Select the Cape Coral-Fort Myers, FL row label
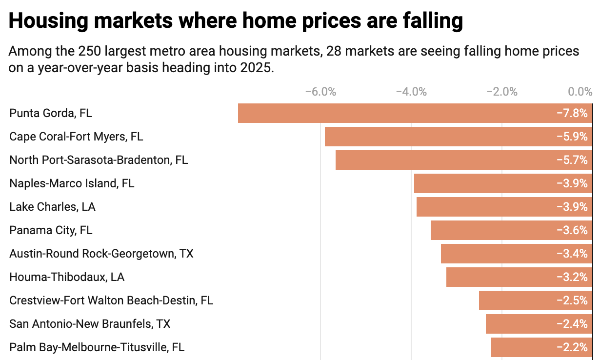76,137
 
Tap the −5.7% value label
572,160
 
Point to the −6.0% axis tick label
320,92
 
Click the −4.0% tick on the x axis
411,92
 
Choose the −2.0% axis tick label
502,92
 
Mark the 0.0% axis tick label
580,92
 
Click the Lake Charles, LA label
52,207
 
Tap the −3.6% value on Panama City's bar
572,230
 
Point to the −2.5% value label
572,300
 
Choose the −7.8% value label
572,113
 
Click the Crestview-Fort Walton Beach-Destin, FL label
111,300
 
